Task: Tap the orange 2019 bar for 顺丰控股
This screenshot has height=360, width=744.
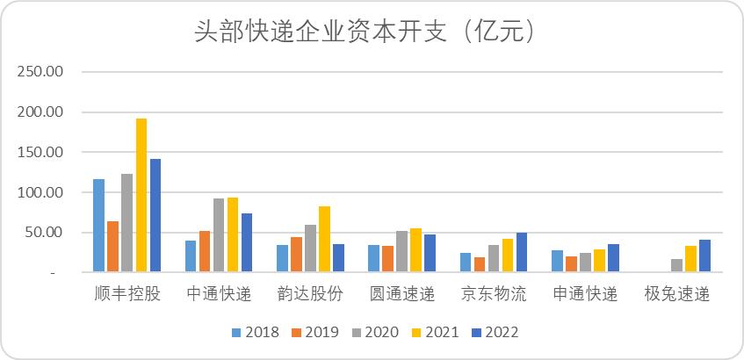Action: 113,247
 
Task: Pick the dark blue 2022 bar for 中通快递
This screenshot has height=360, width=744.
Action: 247,242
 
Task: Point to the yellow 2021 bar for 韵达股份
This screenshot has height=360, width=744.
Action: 324,239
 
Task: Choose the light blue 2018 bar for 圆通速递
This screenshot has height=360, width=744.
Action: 374,258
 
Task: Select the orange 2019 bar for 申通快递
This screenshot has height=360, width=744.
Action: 571,263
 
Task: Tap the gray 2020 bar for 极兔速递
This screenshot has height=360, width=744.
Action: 676,265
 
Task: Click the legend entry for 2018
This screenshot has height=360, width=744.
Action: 256,332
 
